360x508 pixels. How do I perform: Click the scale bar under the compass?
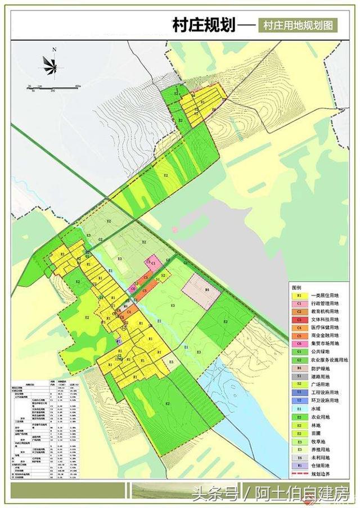click(x=53, y=86)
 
